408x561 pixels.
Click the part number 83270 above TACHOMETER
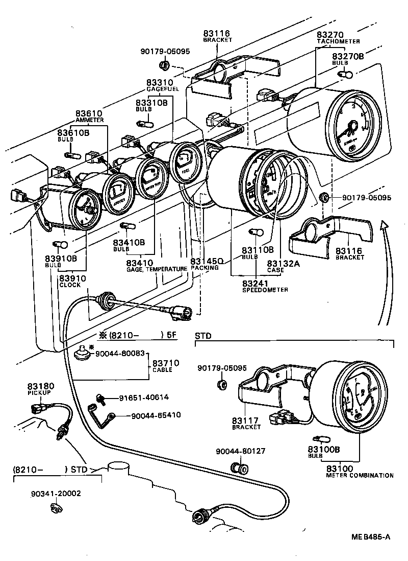tap(330, 34)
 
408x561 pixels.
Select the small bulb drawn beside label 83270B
tap(345, 75)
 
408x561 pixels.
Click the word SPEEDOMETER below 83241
tap(265, 290)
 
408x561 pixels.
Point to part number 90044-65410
tap(156, 415)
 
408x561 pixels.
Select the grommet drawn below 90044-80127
tap(237, 466)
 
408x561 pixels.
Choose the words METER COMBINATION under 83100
tap(360, 475)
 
